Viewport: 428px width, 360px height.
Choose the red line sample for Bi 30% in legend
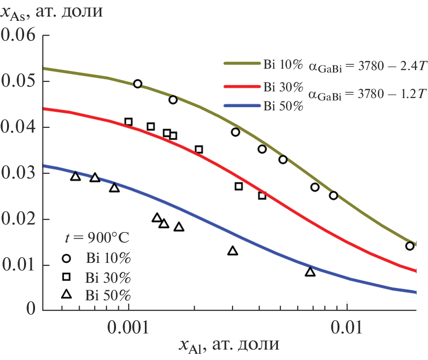pos(241,87)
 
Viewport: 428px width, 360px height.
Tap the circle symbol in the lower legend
pos(67,258)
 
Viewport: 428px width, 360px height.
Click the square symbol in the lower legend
pos(67,277)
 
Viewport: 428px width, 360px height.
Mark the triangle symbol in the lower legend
pos(67,295)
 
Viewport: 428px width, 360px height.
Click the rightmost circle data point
pos(410,246)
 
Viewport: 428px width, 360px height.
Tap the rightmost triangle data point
pos(310,272)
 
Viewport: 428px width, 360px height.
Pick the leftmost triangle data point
pos(76,176)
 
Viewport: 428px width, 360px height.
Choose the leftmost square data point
pos(128,122)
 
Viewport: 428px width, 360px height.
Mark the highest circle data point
pos(138,84)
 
